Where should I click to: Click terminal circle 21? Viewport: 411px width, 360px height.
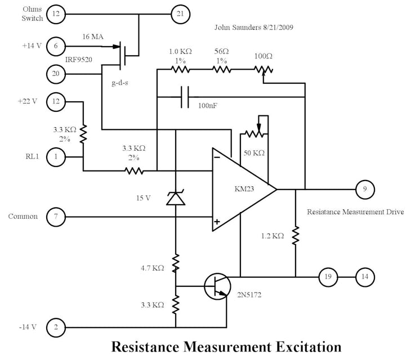coord(180,14)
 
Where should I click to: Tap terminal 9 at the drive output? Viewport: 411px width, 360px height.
coord(365,190)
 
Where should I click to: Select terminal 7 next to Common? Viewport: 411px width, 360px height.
coord(56,217)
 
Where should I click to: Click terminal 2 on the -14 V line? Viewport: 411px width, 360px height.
coord(56,327)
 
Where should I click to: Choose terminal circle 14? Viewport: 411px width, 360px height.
coord(365,277)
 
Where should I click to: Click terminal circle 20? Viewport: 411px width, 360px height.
coord(56,73)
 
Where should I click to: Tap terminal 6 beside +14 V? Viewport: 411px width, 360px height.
coord(56,46)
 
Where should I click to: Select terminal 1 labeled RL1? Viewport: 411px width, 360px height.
coord(56,157)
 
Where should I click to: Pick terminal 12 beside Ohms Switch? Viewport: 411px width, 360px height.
coord(56,14)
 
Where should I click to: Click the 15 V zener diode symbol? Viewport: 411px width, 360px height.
coord(176,198)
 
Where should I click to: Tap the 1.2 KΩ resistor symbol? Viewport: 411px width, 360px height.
coord(296,236)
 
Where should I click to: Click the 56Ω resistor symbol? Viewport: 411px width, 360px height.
coord(222,70)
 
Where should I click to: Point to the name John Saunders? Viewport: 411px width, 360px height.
coord(237,27)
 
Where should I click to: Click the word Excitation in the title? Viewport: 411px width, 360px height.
coord(299,345)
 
